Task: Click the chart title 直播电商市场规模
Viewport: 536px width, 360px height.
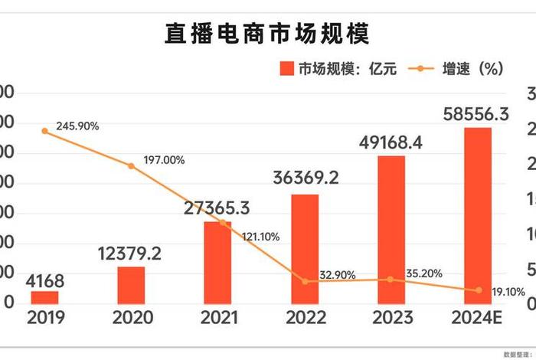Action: pyautogui.click(x=267, y=34)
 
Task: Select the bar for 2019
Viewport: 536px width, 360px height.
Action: pyautogui.click(x=44, y=297)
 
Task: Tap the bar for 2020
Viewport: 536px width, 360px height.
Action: pyautogui.click(x=131, y=285)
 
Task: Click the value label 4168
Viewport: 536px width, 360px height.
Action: pyautogui.click(x=44, y=280)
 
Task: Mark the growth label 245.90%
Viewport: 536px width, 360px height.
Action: pyautogui.click(x=77, y=126)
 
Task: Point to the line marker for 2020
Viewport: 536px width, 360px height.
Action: pyautogui.click(x=131, y=165)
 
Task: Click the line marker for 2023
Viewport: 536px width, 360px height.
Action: pyautogui.click(x=391, y=280)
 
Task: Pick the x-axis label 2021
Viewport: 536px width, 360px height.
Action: pyautogui.click(x=217, y=317)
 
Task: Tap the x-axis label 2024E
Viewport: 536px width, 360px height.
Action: pyautogui.click(x=478, y=317)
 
